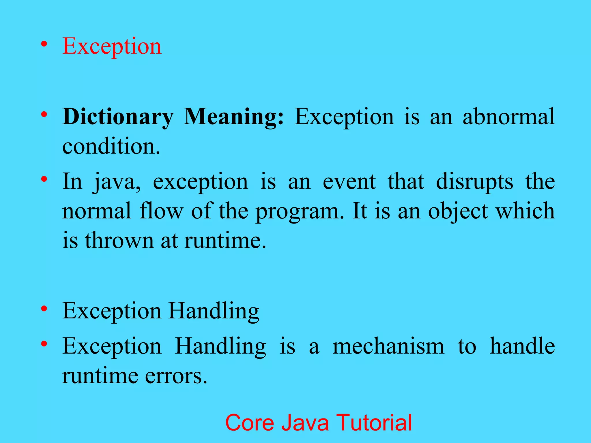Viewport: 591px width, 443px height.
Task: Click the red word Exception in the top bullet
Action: [x=112, y=46]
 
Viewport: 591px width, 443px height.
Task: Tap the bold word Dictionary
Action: [x=118, y=117]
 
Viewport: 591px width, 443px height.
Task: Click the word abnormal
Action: [x=508, y=117]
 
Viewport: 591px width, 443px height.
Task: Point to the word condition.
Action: [x=111, y=146]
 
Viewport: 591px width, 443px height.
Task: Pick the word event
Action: [x=349, y=182]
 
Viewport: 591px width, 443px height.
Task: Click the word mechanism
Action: [x=388, y=346]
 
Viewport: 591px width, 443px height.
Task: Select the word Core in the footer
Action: [x=250, y=423]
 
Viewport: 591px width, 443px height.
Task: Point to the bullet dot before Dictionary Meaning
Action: [x=44, y=114]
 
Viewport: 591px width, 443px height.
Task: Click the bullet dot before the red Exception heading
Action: [x=44, y=44]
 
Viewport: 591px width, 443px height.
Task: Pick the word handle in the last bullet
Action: [x=522, y=346]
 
